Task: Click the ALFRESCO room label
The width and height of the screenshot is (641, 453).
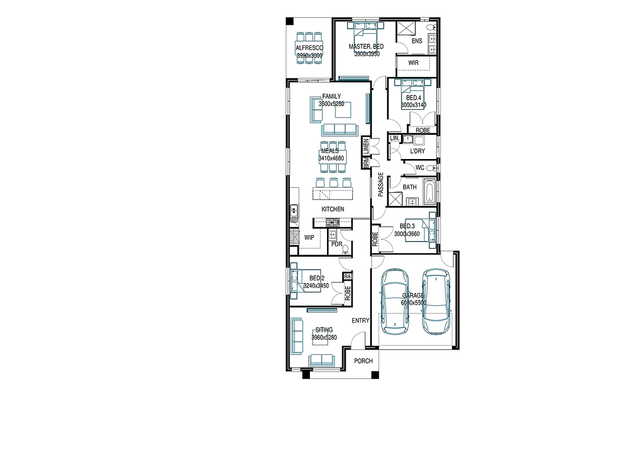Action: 309,48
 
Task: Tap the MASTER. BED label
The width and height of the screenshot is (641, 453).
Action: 366,46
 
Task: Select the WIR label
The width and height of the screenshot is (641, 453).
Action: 413,62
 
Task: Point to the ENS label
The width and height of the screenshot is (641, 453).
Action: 417,41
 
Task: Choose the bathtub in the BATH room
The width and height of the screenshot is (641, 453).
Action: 429,192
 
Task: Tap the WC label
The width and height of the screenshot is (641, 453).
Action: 420,168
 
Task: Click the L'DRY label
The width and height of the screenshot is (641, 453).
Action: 418,151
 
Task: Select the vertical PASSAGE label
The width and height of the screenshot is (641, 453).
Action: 380,185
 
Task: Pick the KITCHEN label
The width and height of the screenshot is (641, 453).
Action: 333,209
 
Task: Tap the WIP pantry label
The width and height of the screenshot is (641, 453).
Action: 309,237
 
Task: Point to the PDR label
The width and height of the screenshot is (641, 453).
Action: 337,244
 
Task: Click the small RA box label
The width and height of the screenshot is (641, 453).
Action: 347,276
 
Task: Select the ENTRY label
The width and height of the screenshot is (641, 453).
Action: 361,321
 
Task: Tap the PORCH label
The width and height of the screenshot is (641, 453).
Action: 363,361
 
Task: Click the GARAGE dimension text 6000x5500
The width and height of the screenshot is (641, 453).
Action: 413,303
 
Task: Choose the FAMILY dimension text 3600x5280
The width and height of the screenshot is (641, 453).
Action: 331,104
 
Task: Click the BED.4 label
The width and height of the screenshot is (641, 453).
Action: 413,98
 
